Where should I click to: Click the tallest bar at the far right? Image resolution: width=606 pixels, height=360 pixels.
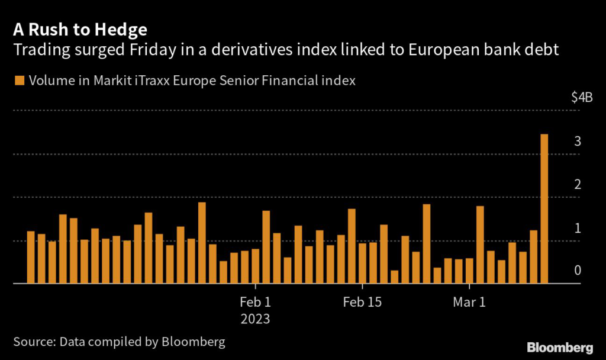544,208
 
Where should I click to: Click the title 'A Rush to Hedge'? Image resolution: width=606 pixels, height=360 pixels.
80,29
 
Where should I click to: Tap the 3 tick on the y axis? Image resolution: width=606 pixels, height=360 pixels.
577,142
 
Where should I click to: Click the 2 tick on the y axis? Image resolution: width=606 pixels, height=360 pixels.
577,185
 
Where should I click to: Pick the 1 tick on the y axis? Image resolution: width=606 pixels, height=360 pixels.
577,229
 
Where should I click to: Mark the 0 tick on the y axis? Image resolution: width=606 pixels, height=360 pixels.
577,271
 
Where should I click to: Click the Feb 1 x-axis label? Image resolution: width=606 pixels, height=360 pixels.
255,302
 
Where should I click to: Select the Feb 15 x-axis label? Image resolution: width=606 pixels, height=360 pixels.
362,302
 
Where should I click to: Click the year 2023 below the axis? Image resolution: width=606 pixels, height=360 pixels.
255,319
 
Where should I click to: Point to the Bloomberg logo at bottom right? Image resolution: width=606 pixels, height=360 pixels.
560,346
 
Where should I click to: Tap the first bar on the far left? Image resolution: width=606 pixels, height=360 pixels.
31,257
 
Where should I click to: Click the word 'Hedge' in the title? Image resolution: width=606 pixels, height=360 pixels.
119,29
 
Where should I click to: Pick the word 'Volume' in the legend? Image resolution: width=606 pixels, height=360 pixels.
51,81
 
